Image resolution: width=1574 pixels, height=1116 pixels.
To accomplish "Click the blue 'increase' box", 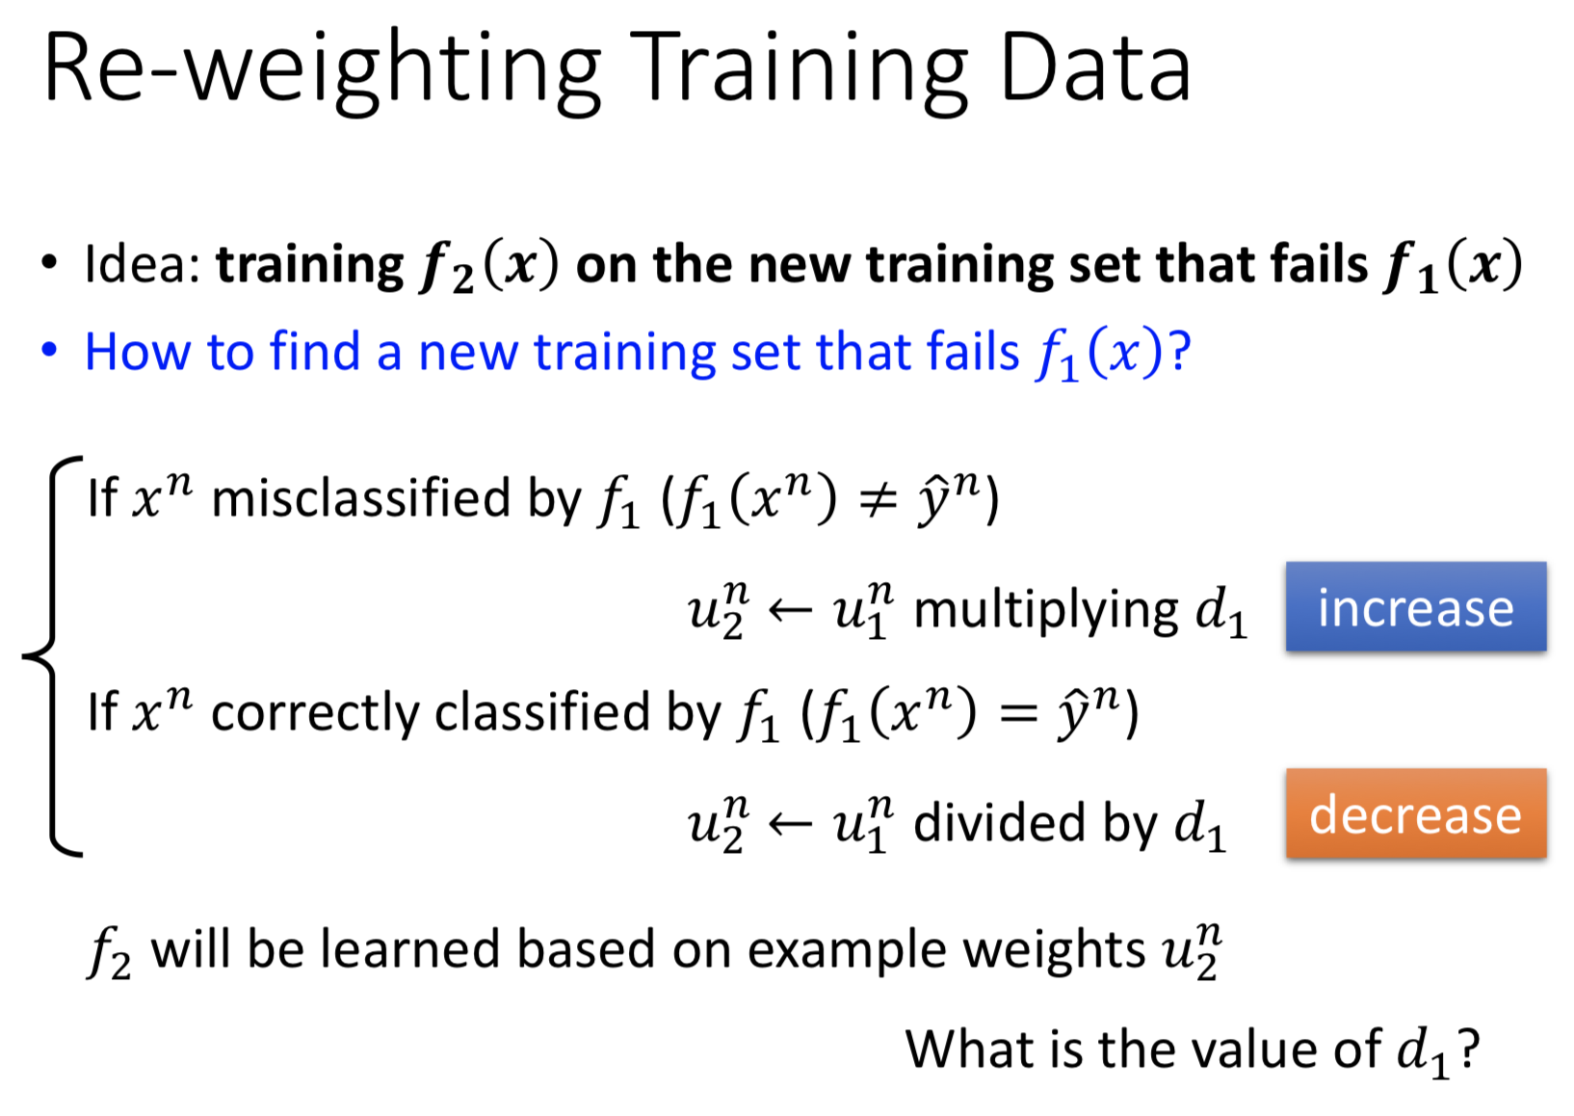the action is (1416, 606).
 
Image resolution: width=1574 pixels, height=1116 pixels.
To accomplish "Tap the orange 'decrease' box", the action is (1416, 813).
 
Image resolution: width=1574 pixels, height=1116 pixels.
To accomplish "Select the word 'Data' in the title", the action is (1094, 67).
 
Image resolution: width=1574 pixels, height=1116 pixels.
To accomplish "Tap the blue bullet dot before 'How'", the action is (49, 350).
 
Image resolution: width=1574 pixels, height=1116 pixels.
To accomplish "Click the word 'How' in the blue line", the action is (138, 351).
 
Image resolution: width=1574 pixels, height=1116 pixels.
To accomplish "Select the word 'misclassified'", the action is (360, 498).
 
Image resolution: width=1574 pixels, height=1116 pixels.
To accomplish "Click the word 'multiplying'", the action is (1046, 611).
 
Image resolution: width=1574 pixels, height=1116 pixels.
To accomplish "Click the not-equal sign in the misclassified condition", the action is (879, 501).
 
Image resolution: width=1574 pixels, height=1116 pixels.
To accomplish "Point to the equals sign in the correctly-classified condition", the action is (1017, 715).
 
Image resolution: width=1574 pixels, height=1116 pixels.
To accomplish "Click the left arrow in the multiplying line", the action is (791, 610).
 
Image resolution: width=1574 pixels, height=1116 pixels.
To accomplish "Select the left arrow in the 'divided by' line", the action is (791, 823).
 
